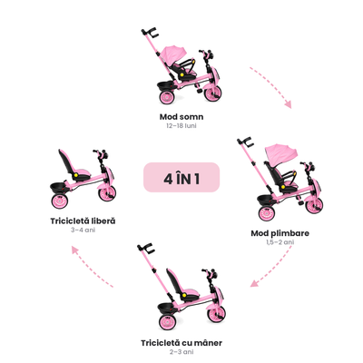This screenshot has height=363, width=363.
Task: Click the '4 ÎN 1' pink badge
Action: pyautogui.click(x=181, y=178)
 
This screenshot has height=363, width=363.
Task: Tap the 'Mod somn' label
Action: pyautogui.click(x=181, y=117)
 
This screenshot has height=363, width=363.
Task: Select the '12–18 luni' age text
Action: pyautogui.click(x=181, y=126)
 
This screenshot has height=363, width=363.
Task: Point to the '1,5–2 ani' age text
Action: pyautogui.click(x=280, y=242)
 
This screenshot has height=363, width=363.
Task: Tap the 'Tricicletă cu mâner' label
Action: pyautogui.click(x=181, y=343)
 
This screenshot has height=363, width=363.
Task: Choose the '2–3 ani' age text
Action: pyautogui.click(x=181, y=352)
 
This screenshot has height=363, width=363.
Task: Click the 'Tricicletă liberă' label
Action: pyautogui.click(x=83, y=221)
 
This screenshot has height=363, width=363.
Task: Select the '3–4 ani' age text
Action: pyautogui.click(x=83, y=230)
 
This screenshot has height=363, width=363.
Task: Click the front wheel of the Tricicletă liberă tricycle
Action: pyautogui.click(x=107, y=193)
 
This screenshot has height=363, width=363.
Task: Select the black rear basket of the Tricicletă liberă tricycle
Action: pyautogui.click(x=58, y=188)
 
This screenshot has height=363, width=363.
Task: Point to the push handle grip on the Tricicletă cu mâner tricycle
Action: pyautogui.click(x=146, y=248)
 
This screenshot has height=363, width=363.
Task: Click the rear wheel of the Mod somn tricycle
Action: pyautogui.click(x=167, y=97)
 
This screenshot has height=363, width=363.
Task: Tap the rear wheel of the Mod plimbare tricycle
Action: pyautogui.click(x=267, y=213)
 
